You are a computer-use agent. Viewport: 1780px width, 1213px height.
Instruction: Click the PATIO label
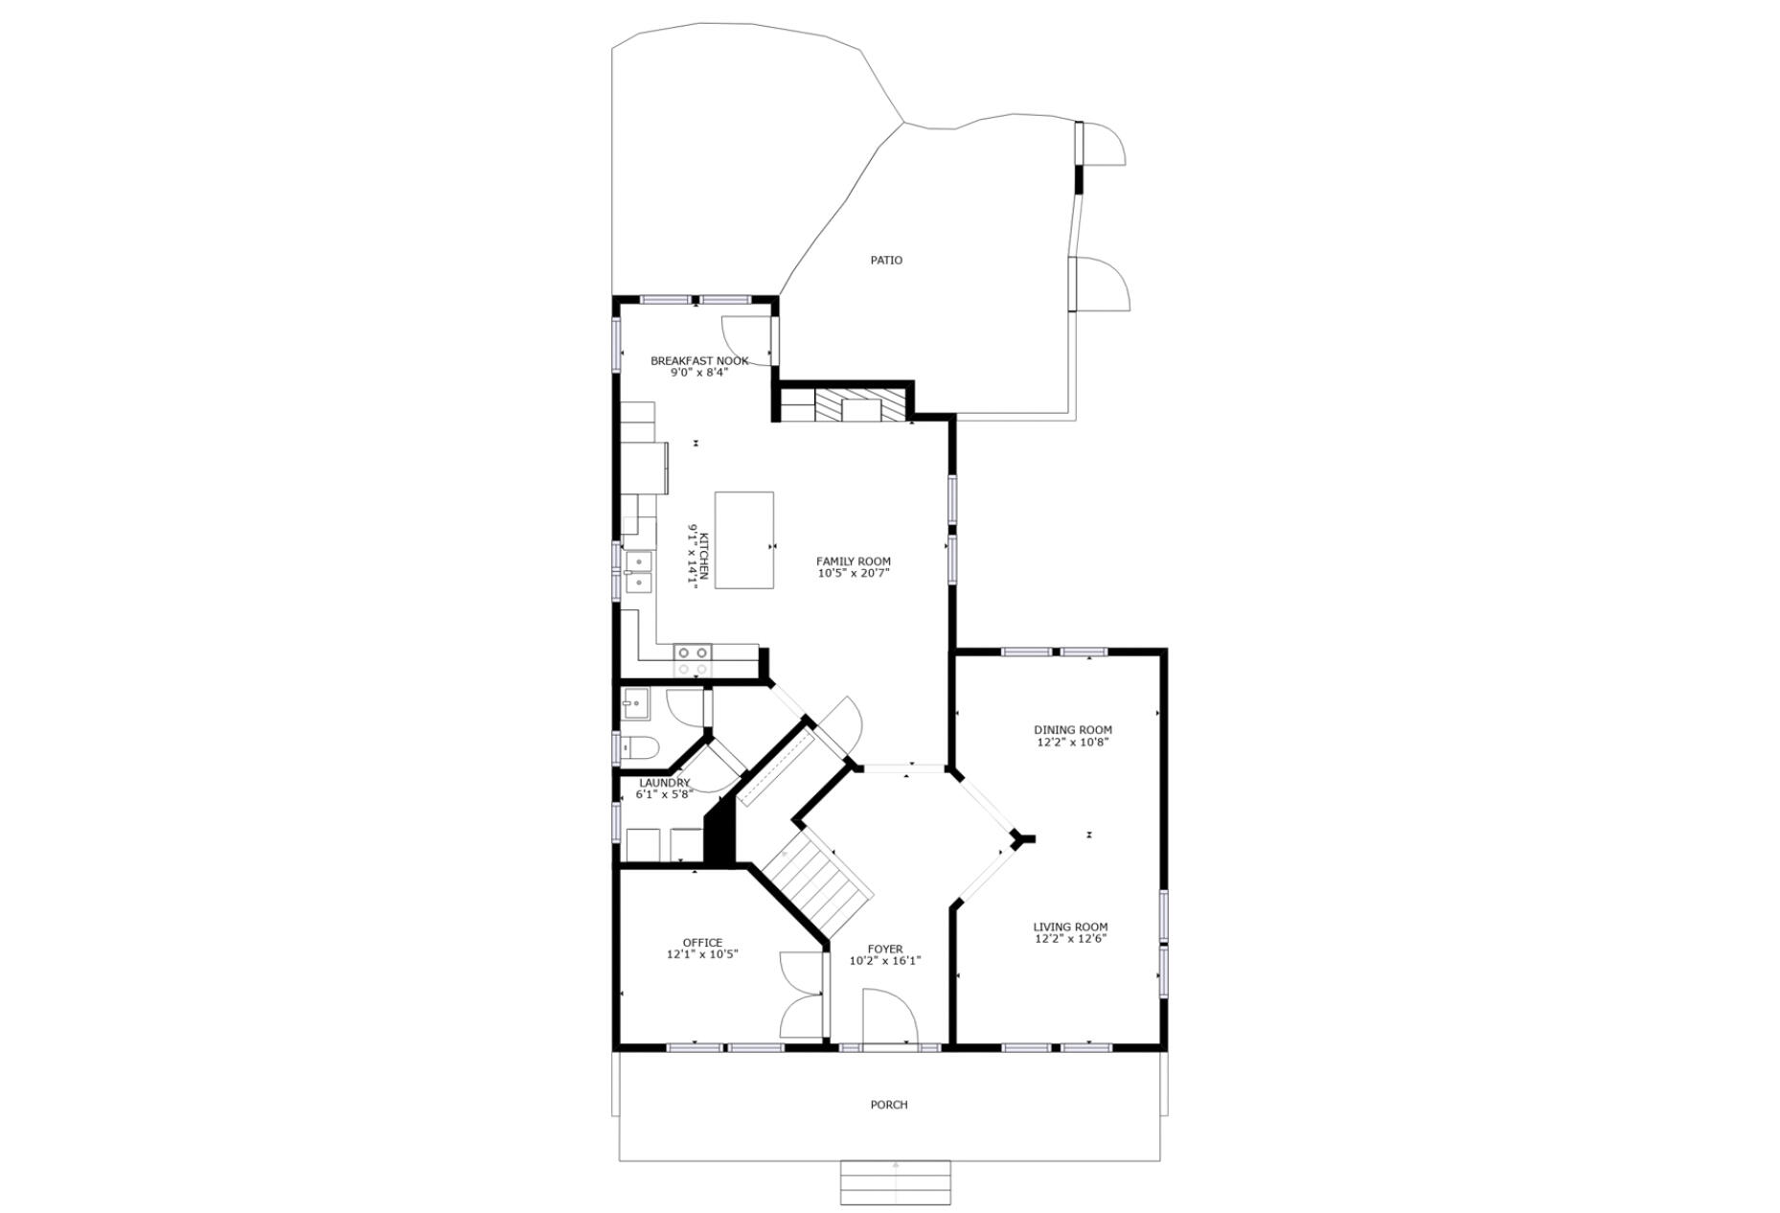click(x=885, y=260)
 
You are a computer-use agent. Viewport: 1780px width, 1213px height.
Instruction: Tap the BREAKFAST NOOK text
click(x=699, y=360)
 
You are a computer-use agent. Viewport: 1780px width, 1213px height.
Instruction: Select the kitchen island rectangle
click(x=743, y=539)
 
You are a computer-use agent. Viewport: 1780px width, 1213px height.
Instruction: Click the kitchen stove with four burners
click(x=691, y=659)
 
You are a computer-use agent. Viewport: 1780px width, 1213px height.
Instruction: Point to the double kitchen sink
click(x=637, y=571)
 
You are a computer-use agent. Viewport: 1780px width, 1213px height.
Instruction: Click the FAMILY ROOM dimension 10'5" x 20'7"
click(x=853, y=573)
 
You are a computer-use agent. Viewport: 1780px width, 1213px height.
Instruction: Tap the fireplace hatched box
click(x=859, y=405)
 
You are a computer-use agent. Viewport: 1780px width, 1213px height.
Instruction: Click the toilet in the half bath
click(x=639, y=746)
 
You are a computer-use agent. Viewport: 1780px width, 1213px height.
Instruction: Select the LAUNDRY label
click(x=664, y=783)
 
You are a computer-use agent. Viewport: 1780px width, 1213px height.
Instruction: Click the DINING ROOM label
click(x=1072, y=729)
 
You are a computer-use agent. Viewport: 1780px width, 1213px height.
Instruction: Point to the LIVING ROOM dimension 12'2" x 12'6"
click(x=1070, y=939)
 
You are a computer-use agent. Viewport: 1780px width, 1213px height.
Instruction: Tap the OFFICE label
click(x=702, y=942)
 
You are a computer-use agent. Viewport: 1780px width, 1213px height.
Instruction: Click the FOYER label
click(x=885, y=949)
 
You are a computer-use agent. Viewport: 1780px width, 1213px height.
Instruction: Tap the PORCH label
click(x=888, y=1104)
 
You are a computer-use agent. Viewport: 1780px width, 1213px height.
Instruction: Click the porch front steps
click(x=895, y=1181)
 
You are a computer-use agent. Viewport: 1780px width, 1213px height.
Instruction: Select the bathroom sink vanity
click(x=634, y=705)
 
